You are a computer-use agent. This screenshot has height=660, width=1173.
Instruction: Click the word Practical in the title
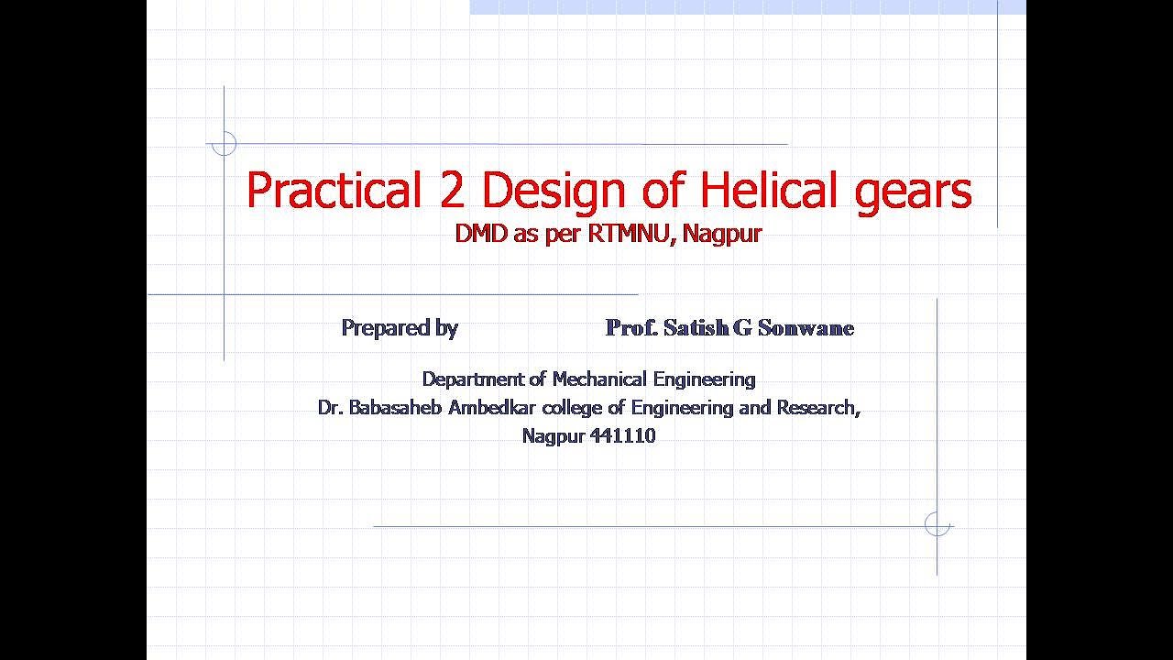click(332, 191)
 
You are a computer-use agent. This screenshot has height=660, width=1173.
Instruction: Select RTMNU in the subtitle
click(624, 234)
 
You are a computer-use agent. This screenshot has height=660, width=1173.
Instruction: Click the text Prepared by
click(400, 328)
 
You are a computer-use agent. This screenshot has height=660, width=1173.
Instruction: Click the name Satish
click(696, 328)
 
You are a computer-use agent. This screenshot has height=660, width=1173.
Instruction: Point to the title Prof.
click(631, 328)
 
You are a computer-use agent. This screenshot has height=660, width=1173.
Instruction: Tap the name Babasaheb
click(396, 407)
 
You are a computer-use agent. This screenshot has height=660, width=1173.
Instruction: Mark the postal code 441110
click(623, 436)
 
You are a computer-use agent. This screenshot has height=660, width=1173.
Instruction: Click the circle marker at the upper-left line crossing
click(224, 144)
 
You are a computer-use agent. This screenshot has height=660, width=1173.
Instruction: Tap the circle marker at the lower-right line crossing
click(937, 524)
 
